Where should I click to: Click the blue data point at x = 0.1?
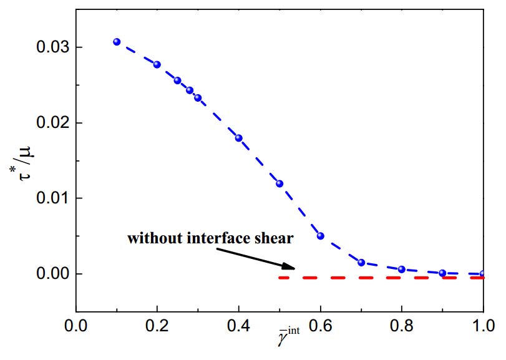[117, 42]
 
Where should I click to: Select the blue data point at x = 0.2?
[157, 64]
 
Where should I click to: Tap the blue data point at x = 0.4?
[238, 138]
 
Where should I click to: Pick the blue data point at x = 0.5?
[280, 183]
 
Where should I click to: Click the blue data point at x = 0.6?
[321, 236]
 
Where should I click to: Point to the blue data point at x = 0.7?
[361, 263]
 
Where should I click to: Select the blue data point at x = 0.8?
[402, 270]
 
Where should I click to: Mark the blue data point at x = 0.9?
[442, 273]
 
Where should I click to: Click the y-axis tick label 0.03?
[51, 47]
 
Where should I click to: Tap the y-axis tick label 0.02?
[51, 123]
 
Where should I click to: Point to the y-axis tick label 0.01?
[51, 198]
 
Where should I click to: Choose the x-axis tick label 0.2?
[157, 326]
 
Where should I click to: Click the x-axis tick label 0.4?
[238, 326]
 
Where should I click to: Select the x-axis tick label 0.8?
[402, 326]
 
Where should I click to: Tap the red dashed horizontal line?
[381, 278]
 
